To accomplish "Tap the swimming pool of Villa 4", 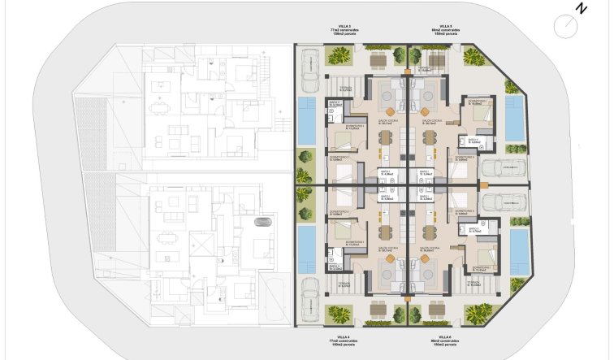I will pos(307,248).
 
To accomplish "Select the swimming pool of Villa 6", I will pos(517,251).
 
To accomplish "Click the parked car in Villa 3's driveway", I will pos(309,70).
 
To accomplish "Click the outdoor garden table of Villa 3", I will pos(379,60).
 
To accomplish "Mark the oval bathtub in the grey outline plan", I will pos(260,222).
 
